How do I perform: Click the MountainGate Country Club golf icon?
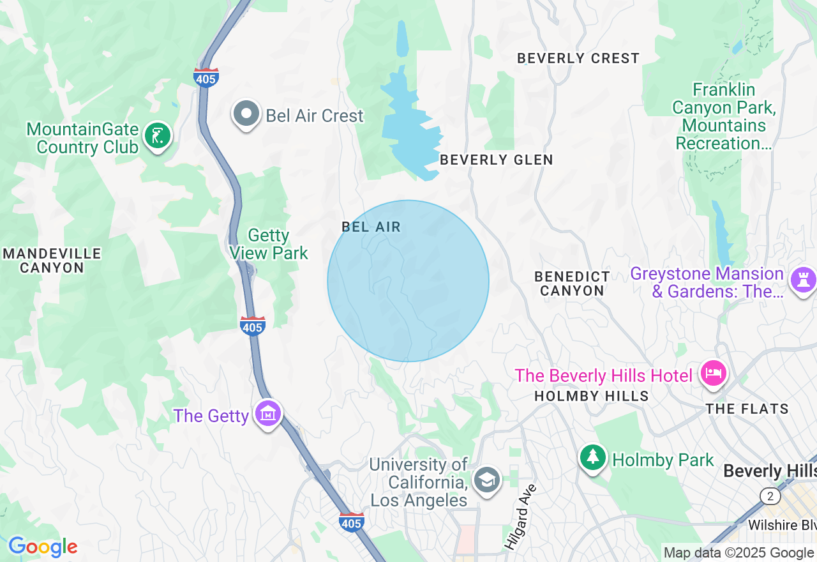157,135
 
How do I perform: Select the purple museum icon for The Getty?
269,414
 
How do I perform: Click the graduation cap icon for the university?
487,480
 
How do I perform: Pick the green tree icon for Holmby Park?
593,457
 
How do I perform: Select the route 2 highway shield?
770,496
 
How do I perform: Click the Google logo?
43,547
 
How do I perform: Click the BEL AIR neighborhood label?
371,227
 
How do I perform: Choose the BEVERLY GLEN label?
496,160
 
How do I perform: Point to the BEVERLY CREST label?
578,58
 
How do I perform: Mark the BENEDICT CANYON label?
572,284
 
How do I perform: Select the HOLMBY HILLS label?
591,396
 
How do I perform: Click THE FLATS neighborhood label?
747,409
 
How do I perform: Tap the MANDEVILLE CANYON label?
52,261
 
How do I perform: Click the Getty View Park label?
269,245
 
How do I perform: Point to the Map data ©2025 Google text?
738,552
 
